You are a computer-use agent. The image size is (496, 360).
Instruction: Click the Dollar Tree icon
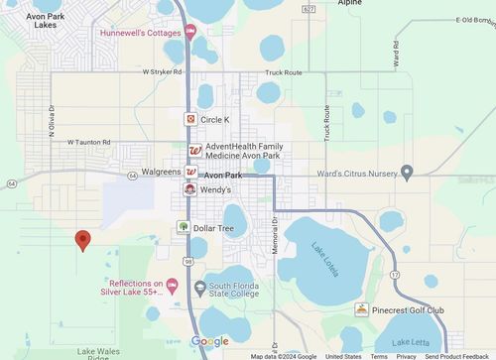tap(184, 227)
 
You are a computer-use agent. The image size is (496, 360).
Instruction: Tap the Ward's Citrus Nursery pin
tap(407, 173)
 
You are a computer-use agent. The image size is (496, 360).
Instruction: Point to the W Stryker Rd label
tap(163, 72)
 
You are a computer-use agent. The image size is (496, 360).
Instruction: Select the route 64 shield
tap(11, 183)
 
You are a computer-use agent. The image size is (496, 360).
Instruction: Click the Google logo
tap(209, 342)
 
